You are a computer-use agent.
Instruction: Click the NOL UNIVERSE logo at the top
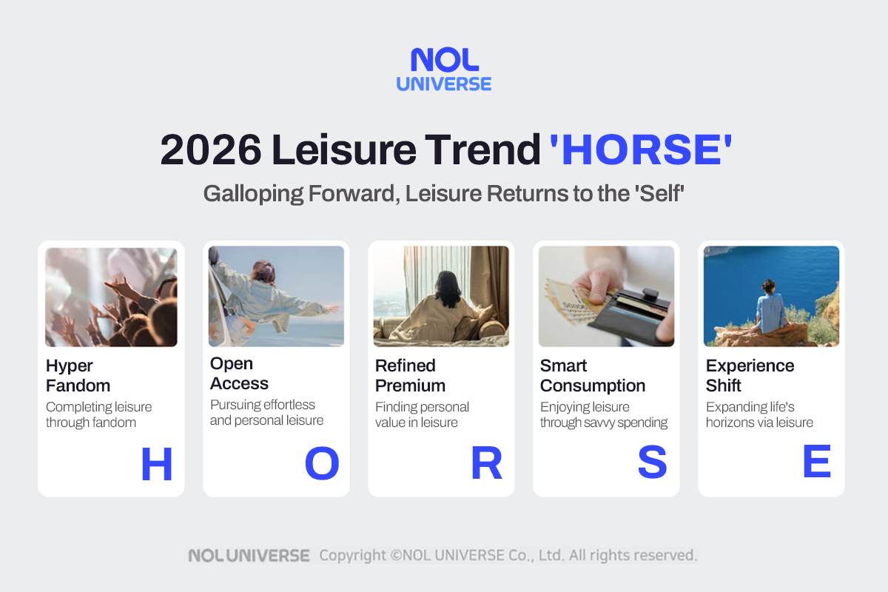click(x=443, y=70)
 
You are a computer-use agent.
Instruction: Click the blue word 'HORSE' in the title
click(x=641, y=150)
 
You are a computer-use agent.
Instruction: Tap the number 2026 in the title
click(x=210, y=150)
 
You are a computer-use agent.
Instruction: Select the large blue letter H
click(x=156, y=465)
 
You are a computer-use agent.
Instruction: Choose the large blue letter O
click(x=322, y=465)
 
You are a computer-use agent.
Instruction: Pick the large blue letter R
click(x=487, y=465)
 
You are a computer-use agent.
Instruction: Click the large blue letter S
click(x=652, y=465)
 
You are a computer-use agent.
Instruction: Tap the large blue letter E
click(x=817, y=463)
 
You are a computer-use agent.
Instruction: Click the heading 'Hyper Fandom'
click(x=78, y=376)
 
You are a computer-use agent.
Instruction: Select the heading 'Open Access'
click(x=239, y=374)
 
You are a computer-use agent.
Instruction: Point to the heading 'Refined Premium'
click(x=410, y=376)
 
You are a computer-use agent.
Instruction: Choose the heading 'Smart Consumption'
click(x=593, y=376)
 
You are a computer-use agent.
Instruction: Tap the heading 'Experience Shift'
click(x=750, y=376)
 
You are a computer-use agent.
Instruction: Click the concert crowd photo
click(x=111, y=297)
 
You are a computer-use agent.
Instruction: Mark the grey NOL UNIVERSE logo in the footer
click(x=249, y=555)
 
